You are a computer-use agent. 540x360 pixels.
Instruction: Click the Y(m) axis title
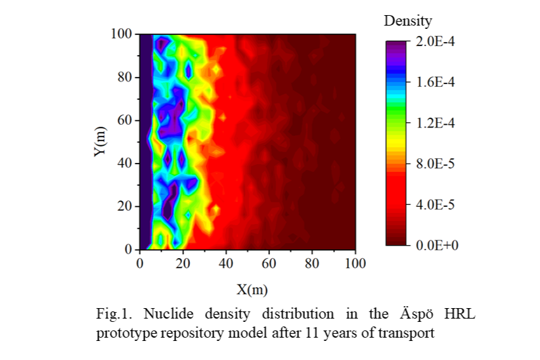click(x=99, y=141)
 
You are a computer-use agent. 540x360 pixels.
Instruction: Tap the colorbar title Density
click(x=408, y=21)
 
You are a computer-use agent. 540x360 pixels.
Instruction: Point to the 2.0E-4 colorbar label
click(x=437, y=41)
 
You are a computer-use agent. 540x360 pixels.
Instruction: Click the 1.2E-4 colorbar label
click(x=437, y=123)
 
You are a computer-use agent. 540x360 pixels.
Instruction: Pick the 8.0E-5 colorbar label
click(x=437, y=164)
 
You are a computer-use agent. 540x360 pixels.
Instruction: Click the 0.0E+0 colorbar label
click(x=437, y=245)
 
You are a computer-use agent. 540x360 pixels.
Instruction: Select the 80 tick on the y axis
click(x=124, y=77)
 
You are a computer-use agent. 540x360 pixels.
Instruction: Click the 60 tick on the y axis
click(x=124, y=120)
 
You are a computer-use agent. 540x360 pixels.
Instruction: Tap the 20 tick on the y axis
click(x=124, y=206)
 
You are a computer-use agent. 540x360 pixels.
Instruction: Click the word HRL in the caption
click(x=458, y=313)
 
